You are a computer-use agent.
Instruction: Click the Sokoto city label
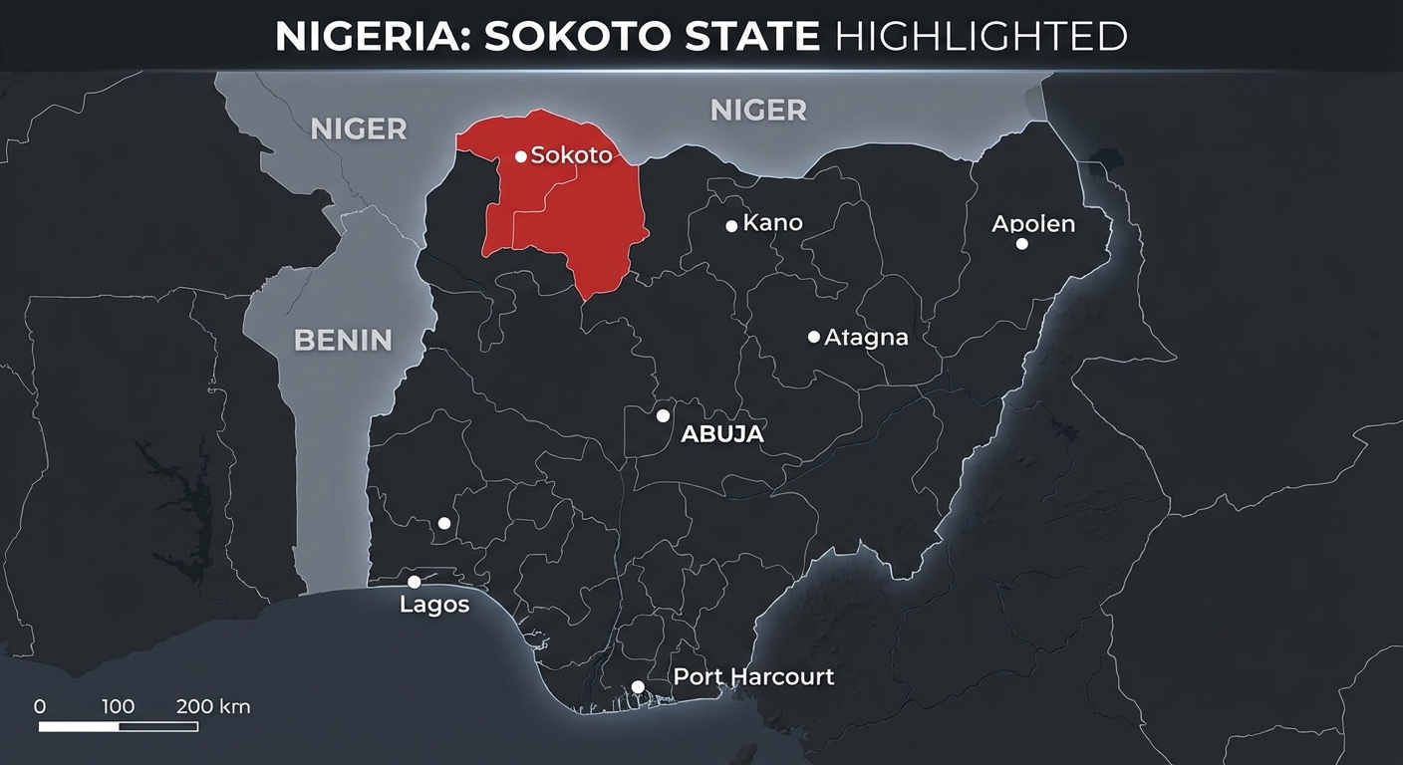pyautogui.click(x=571, y=155)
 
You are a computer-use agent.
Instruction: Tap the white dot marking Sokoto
pyautogui.click(x=520, y=156)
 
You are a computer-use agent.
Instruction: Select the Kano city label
pyautogui.click(x=772, y=223)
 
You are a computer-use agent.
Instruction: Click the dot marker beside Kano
pyautogui.click(x=731, y=226)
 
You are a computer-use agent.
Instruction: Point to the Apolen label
pyautogui.click(x=1033, y=224)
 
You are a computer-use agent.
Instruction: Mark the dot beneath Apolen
pyautogui.click(x=1021, y=244)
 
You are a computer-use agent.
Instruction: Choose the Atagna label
pyautogui.click(x=866, y=338)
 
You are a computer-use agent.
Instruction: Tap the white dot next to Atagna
pyautogui.click(x=814, y=337)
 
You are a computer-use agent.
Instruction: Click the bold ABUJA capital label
pyautogui.click(x=721, y=434)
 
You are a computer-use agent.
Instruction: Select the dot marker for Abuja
pyautogui.click(x=663, y=415)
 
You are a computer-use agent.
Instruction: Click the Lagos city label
pyautogui.click(x=434, y=605)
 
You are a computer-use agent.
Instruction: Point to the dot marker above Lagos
pyautogui.click(x=414, y=582)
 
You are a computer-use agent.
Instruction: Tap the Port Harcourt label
pyautogui.click(x=753, y=677)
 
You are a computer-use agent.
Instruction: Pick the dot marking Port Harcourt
pyautogui.click(x=638, y=686)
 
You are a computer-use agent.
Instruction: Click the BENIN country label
pyautogui.click(x=343, y=341)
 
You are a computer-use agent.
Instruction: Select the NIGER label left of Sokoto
pyautogui.click(x=359, y=128)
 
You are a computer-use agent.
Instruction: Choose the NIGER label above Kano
pyautogui.click(x=758, y=111)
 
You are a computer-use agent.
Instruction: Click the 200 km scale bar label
pyautogui.click(x=213, y=707)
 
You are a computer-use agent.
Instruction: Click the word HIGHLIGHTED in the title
pyautogui.click(x=981, y=37)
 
